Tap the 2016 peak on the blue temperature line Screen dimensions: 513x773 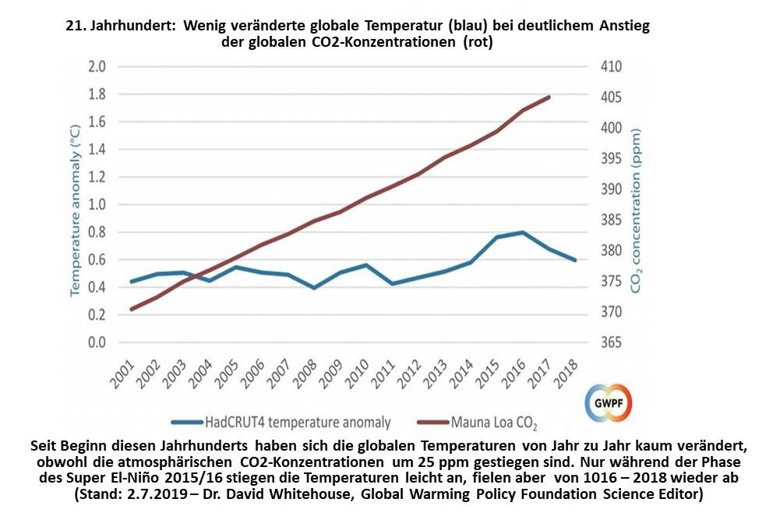(523, 232)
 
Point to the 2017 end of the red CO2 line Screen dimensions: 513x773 (549, 97)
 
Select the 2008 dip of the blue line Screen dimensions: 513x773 (314, 288)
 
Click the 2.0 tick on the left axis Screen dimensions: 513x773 (97, 67)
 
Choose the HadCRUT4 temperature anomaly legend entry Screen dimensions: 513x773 (298, 423)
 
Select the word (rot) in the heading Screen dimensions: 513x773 (477, 43)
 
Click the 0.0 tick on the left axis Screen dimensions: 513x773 (97, 342)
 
